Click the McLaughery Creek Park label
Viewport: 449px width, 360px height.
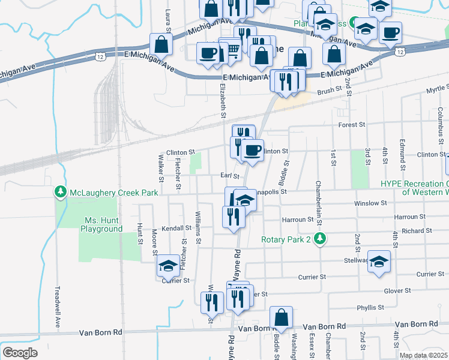[114, 193]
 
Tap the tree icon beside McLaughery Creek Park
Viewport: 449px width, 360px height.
[61, 192]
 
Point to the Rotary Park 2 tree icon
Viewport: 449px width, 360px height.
[321, 239]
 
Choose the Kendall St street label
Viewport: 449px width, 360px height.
[176, 229]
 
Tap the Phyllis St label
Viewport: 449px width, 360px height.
[370, 307]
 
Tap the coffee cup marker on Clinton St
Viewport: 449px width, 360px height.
[253, 150]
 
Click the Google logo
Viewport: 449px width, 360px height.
[20, 352]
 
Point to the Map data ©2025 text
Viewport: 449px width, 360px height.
[423, 355]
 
